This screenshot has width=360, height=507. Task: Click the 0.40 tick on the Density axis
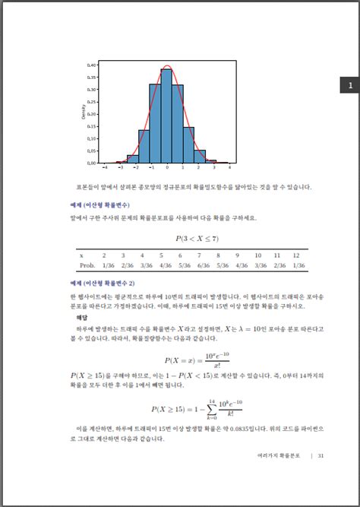click(x=92, y=65)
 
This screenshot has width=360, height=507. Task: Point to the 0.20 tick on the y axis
click(x=92, y=114)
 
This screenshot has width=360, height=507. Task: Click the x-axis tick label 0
click(x=167, y=166)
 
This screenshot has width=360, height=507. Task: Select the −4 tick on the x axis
click(x=105, y=166)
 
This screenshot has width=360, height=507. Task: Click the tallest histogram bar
click(x=167, y=114)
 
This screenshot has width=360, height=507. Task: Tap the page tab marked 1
click(x=350, y=86)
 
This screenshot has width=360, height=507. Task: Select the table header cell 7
click(x=198, y=255)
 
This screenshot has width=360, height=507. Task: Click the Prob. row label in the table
click(x=87, y=265)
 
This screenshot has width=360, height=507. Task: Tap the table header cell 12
click(x=296, y=255)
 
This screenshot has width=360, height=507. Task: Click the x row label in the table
click(x=81, y=255)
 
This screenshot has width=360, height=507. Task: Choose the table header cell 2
click(x=103, y=255)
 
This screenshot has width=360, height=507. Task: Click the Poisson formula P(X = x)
click(x=185, y=360)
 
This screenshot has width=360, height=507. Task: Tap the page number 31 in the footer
click(x=321, y=456)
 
